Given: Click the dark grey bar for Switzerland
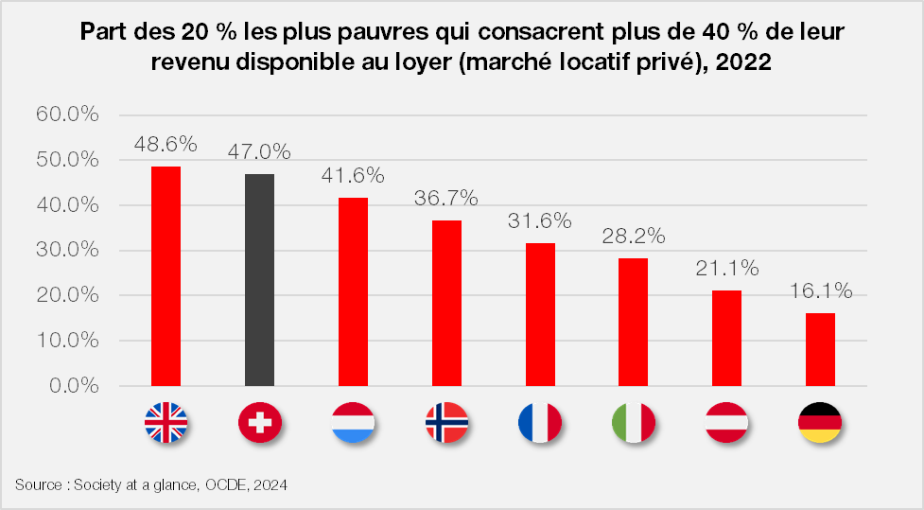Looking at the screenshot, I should tap(259, 280).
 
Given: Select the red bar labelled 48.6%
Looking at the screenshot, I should tap(166, 276).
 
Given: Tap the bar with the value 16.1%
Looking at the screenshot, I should tap(819, 349).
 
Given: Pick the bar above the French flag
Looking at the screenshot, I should tap(540, 314).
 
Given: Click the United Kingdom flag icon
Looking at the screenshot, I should tap(166, 423).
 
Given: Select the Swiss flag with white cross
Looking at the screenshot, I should tap(259, 423).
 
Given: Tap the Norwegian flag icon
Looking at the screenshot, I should tap(446, 423).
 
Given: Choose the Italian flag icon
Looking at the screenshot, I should tap(633, 423).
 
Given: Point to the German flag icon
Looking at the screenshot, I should tap(820, 423).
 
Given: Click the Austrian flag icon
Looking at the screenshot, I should tap(726, 423).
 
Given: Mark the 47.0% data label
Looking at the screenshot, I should tap(259, 151).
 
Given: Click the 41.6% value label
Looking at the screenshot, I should tap(353, 175).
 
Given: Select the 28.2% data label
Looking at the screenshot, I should tap(633, 236).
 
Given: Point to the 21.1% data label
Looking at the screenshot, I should tap(726, 268).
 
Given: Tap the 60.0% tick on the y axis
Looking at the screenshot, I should tap(67, 114).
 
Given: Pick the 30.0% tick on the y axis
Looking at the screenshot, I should tap(67, 251).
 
